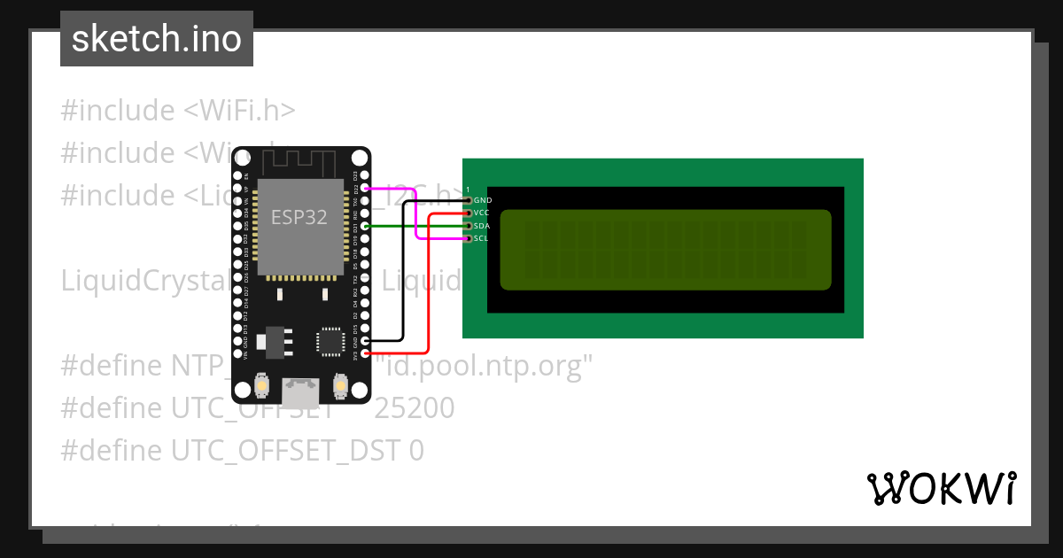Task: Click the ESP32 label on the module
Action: click(x=299, y=217)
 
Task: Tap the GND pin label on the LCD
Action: click(x=483, y=200)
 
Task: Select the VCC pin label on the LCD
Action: click(x=482, y=213)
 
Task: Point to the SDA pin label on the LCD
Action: click(x=482, y=226)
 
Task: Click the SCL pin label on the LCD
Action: click(x=482, y=238)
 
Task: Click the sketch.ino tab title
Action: click(x=157, y=39)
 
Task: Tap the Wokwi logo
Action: click(x=942, y=488)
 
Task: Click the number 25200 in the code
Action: click(x=415, y=408)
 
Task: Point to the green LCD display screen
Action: click(x=665, y=250)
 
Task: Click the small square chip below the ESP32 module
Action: click(x=330, y=341)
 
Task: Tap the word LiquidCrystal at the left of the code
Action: click(x=133, y=281)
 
